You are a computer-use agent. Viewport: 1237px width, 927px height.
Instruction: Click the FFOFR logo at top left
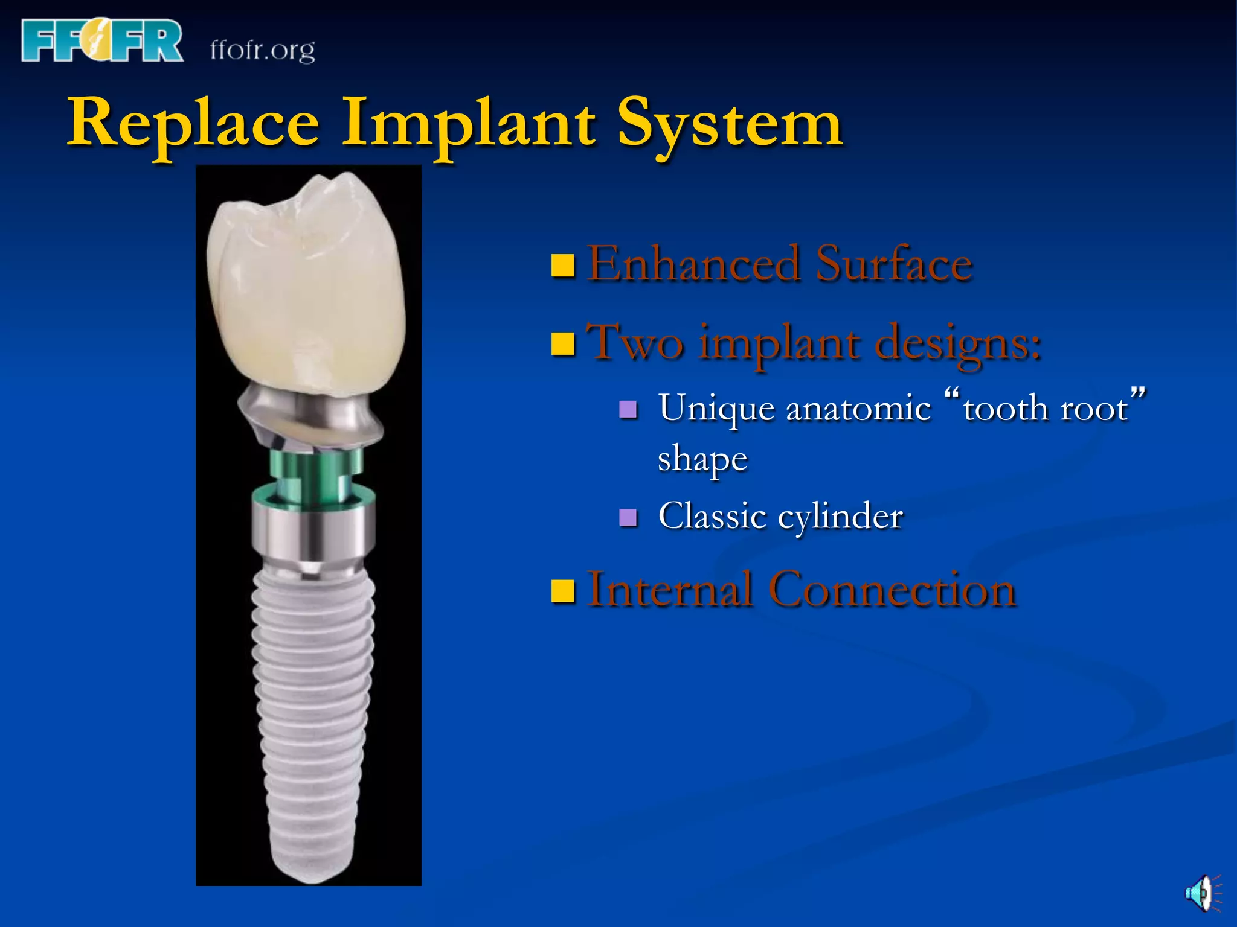point(101,40)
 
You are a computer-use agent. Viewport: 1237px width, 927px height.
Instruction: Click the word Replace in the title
point(193,124)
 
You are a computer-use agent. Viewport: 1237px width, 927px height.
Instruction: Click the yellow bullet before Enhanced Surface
point(563,266)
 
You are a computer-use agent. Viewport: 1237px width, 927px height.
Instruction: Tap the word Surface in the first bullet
point(894,264)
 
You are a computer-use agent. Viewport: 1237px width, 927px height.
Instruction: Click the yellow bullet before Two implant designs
point(563,344)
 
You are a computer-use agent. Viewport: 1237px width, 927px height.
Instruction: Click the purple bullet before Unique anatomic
point(629,410)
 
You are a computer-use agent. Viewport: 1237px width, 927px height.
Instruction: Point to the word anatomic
point(858,409)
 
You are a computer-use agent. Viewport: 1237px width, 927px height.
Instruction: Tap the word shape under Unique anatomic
point(702,459)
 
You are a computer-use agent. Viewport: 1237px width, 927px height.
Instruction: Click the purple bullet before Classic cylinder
point(629,518)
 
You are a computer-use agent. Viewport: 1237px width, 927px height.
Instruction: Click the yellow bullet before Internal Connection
point(563,591)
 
